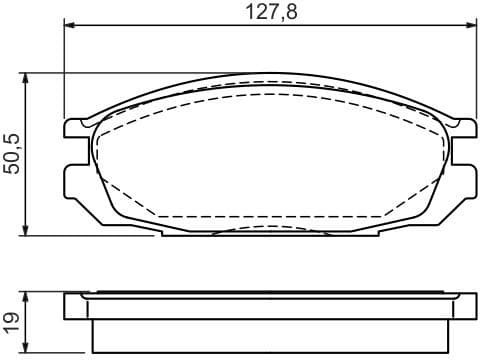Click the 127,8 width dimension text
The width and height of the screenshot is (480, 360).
tap(271, 12)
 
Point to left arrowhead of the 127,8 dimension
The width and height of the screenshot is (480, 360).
tap(67, 25)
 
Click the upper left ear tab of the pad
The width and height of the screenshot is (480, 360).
tap(75, 127)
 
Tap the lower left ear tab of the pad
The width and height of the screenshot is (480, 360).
tap(75, 180)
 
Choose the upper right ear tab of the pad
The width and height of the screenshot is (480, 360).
tap(465, 127)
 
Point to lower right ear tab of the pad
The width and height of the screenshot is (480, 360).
tap(465, 180)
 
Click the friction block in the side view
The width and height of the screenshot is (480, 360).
tap(270, 333)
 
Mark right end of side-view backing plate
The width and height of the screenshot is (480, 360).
tap(471, 305)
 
